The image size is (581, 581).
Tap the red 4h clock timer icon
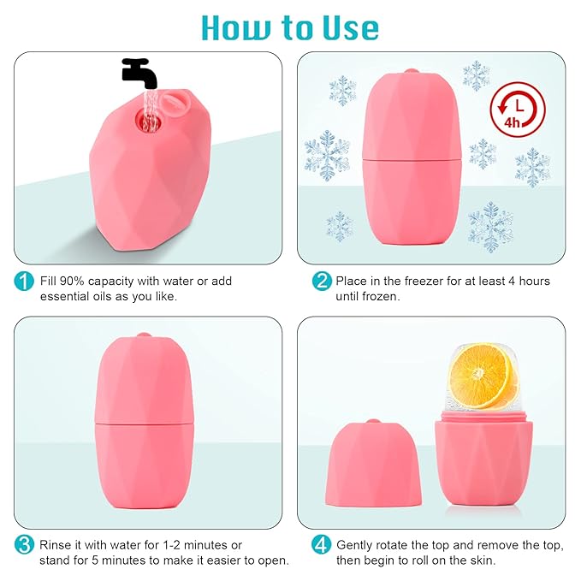[x=517, y=110]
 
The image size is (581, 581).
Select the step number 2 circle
[x=322, y=282]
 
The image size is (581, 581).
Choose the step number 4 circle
[x=322, y=545]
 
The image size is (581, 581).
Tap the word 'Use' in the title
[x=347, y=27]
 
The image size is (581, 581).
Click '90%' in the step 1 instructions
[x=74, y=281]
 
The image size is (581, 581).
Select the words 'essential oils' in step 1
[x=78, y=296]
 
